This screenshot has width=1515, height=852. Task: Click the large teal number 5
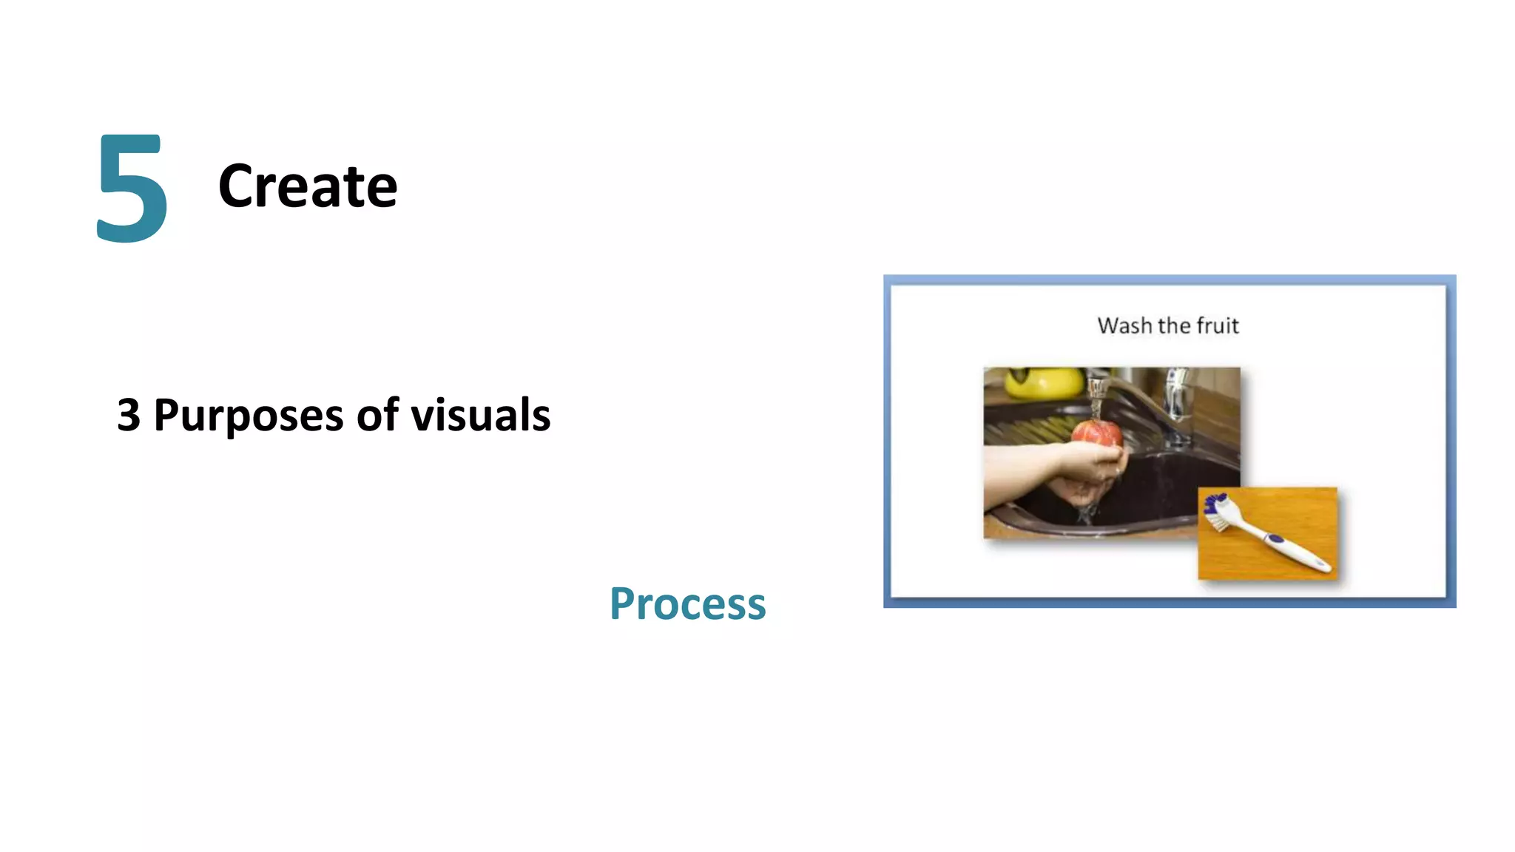(132, 189)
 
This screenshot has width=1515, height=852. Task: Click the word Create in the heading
(307, 186)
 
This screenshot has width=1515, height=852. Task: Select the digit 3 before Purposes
(129, 415)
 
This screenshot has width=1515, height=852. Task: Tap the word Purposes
(248, 416)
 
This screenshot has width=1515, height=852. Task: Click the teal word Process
(687, 603)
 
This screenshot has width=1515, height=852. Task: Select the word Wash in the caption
(1124, 325)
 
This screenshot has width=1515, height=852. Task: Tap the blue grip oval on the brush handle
(1274, 538)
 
